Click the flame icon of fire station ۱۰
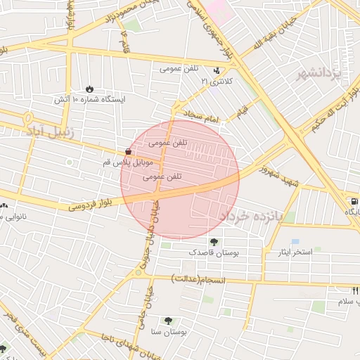(x=89, y=89)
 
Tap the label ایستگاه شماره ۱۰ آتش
(x=90, y=100)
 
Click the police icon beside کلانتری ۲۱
(x=217, y=71)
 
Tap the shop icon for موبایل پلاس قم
(x=127, y=152)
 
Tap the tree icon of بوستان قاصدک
(x=214, y=242)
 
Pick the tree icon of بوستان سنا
(x=167, y=320)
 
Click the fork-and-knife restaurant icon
(x=355, y=290)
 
